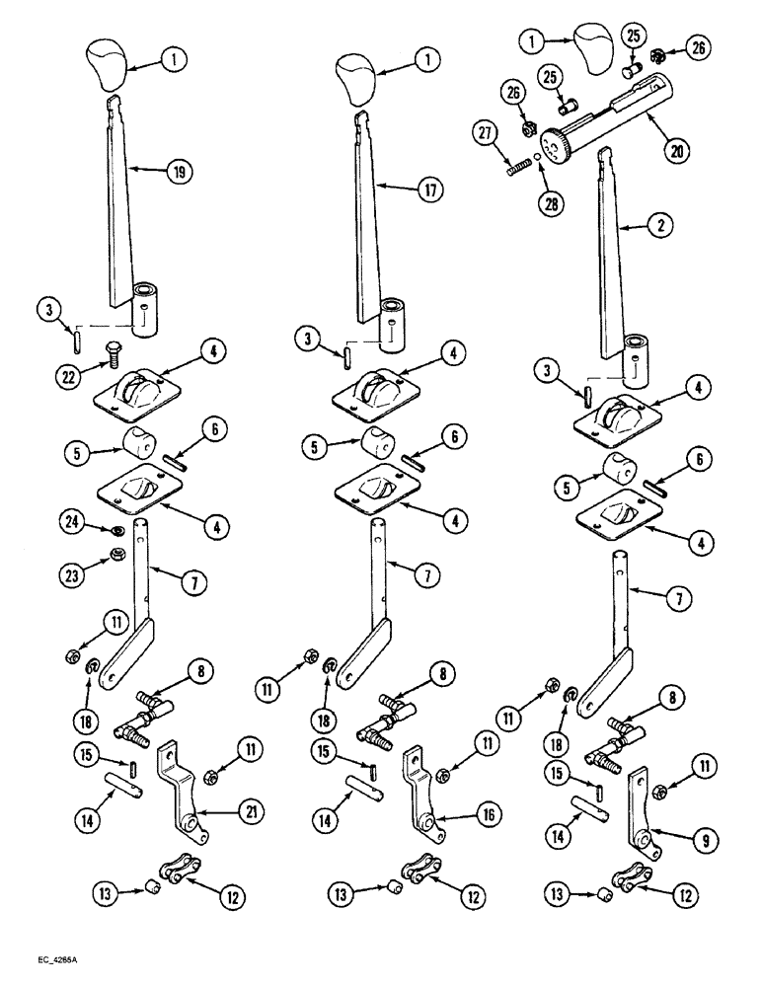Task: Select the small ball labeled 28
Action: click(538, 156)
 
